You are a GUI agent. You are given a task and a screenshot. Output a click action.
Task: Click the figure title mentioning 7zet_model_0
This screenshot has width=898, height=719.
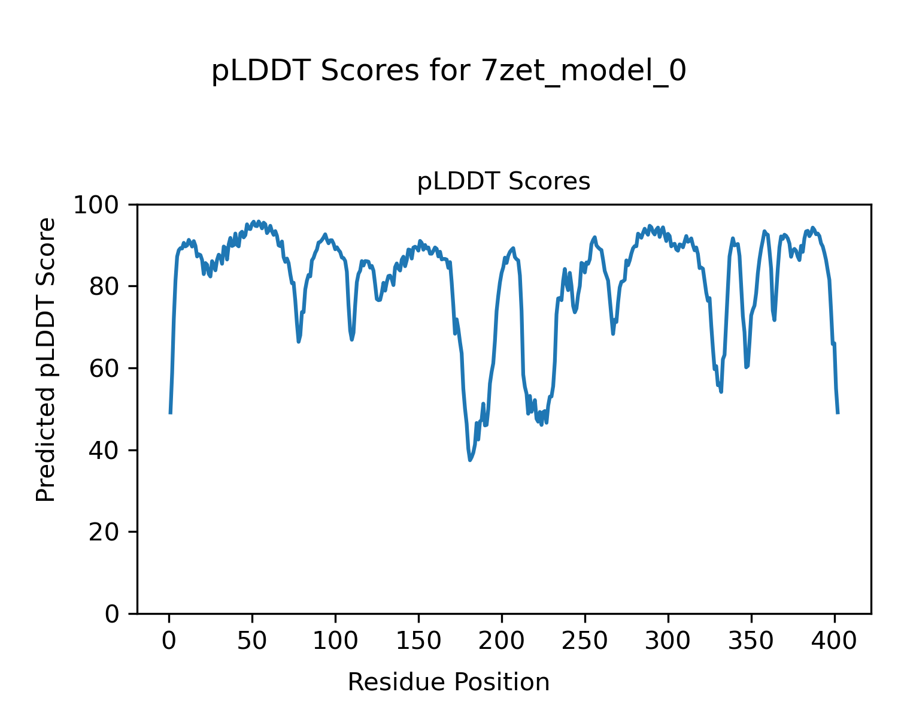[448, 71]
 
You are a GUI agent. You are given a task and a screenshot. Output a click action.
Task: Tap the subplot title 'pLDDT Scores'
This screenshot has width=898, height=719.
[503, 182]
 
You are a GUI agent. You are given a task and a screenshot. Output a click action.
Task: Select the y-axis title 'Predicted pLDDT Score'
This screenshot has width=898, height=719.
[46, 359]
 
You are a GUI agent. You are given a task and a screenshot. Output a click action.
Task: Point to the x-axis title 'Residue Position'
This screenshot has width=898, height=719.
[448, 682]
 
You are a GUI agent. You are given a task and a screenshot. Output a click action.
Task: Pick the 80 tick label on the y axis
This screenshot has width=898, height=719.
[107, 287]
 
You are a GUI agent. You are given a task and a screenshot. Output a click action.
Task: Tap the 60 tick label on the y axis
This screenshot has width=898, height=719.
[107, 368]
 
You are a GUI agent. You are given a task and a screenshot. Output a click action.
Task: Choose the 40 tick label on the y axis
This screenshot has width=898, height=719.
[107, 451]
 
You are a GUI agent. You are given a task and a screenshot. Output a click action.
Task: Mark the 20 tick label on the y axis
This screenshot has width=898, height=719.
[107, 532]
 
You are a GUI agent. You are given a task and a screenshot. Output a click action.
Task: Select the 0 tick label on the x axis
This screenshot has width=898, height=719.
[169, 642]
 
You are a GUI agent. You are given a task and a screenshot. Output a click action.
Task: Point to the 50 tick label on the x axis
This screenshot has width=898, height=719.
[252, 642]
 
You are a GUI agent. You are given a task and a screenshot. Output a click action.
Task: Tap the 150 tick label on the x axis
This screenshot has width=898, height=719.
[418, 642]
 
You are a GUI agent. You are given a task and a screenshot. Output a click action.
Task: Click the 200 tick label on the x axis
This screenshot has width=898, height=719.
[502, 642]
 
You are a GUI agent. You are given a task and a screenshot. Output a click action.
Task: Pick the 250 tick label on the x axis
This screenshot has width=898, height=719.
[584, 642]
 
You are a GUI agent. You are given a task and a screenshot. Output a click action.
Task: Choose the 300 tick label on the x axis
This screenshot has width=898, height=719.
[668, 642]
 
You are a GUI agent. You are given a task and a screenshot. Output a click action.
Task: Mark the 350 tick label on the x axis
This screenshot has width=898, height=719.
[751, 642]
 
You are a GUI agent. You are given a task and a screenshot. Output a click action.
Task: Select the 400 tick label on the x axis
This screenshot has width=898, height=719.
[834, 642]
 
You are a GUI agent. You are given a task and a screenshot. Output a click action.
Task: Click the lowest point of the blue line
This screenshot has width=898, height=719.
[470, 460]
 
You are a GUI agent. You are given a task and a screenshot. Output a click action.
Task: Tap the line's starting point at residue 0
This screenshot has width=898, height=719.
[171, 413]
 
